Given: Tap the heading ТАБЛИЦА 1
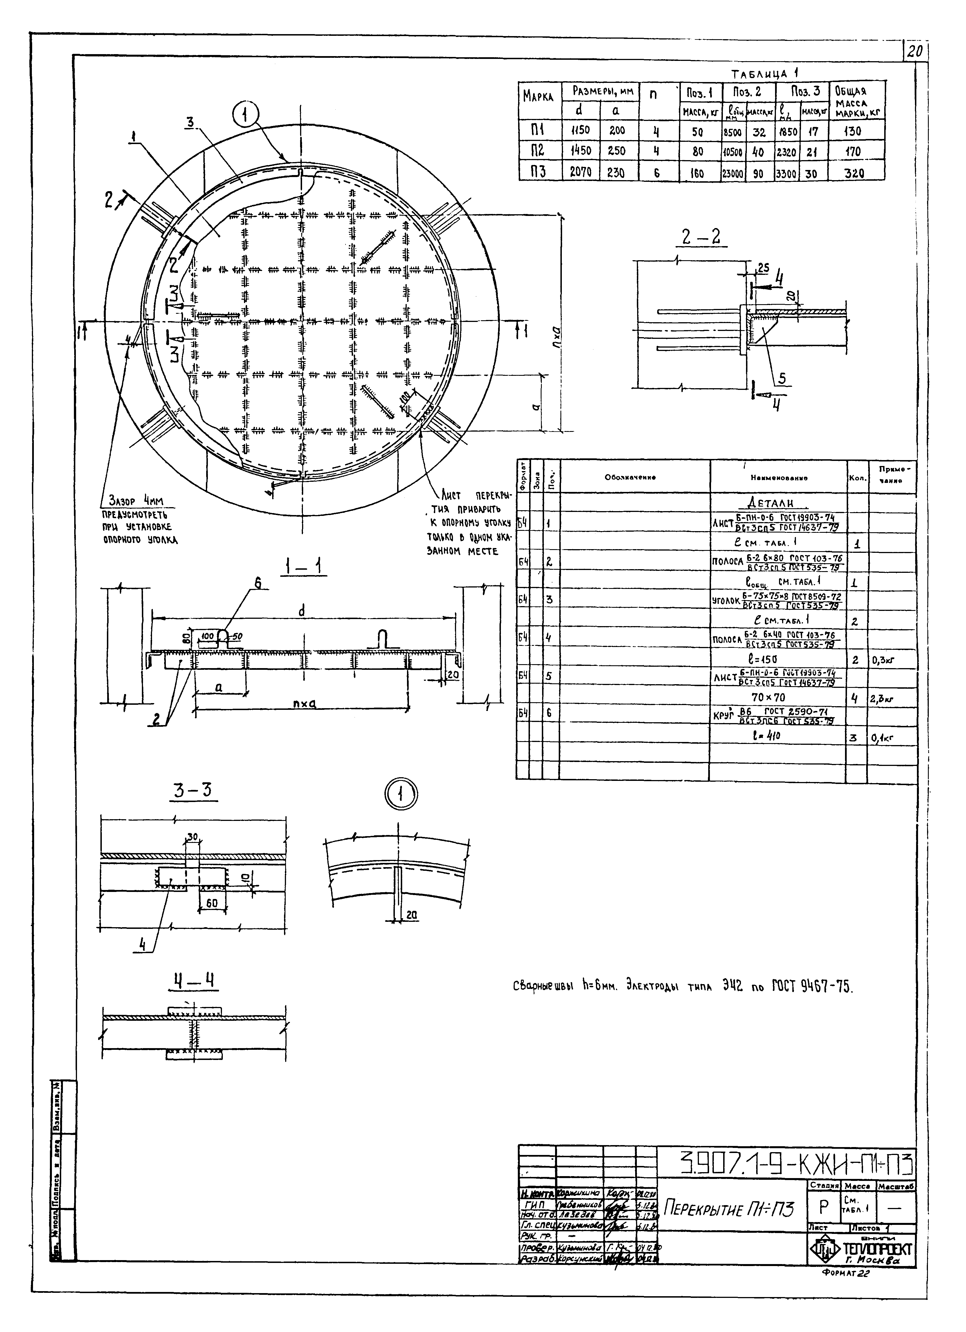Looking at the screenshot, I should pos(764,74).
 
